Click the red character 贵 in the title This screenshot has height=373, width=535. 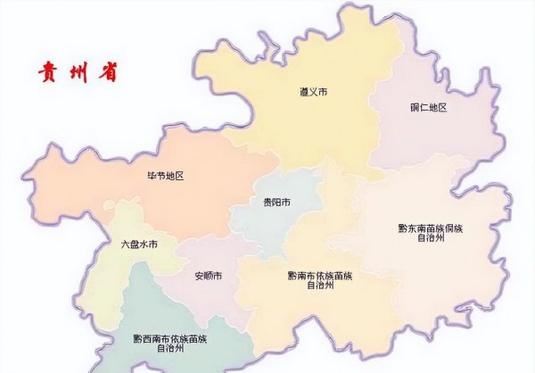(46, 72)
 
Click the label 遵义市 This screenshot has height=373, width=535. (313, 92)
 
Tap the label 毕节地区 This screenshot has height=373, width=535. (165, 176)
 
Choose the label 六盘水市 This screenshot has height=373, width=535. (139, 244)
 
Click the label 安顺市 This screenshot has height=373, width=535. (209, 276)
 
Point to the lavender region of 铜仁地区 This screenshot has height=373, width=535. (437, 134)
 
